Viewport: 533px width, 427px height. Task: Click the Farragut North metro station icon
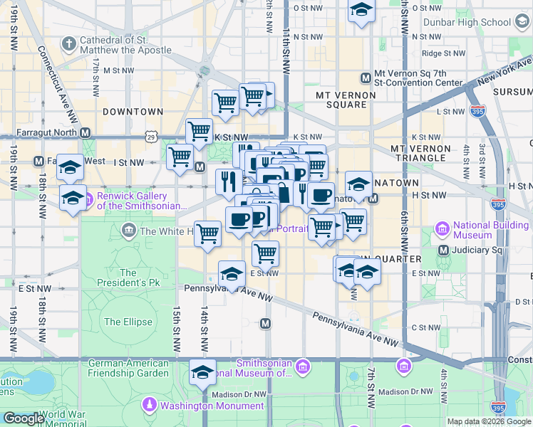click(85, 132)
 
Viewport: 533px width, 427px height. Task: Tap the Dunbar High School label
click(467, 22)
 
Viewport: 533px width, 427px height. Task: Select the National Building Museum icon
click(442, 230)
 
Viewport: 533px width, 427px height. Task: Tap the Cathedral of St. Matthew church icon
click(68, 45)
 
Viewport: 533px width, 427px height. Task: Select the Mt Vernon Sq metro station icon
click(366, 77)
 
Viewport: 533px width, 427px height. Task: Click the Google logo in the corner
click(24, 418)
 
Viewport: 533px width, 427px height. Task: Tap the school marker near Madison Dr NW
click(202, 372)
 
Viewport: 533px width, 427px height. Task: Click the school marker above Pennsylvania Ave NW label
click(232, 273)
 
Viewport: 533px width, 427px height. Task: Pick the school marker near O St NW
click(361, 10)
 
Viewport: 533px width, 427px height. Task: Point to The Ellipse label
click(128, 322)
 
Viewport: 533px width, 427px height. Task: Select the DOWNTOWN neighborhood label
click(133, 112)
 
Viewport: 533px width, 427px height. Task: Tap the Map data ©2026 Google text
click(489, 421)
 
